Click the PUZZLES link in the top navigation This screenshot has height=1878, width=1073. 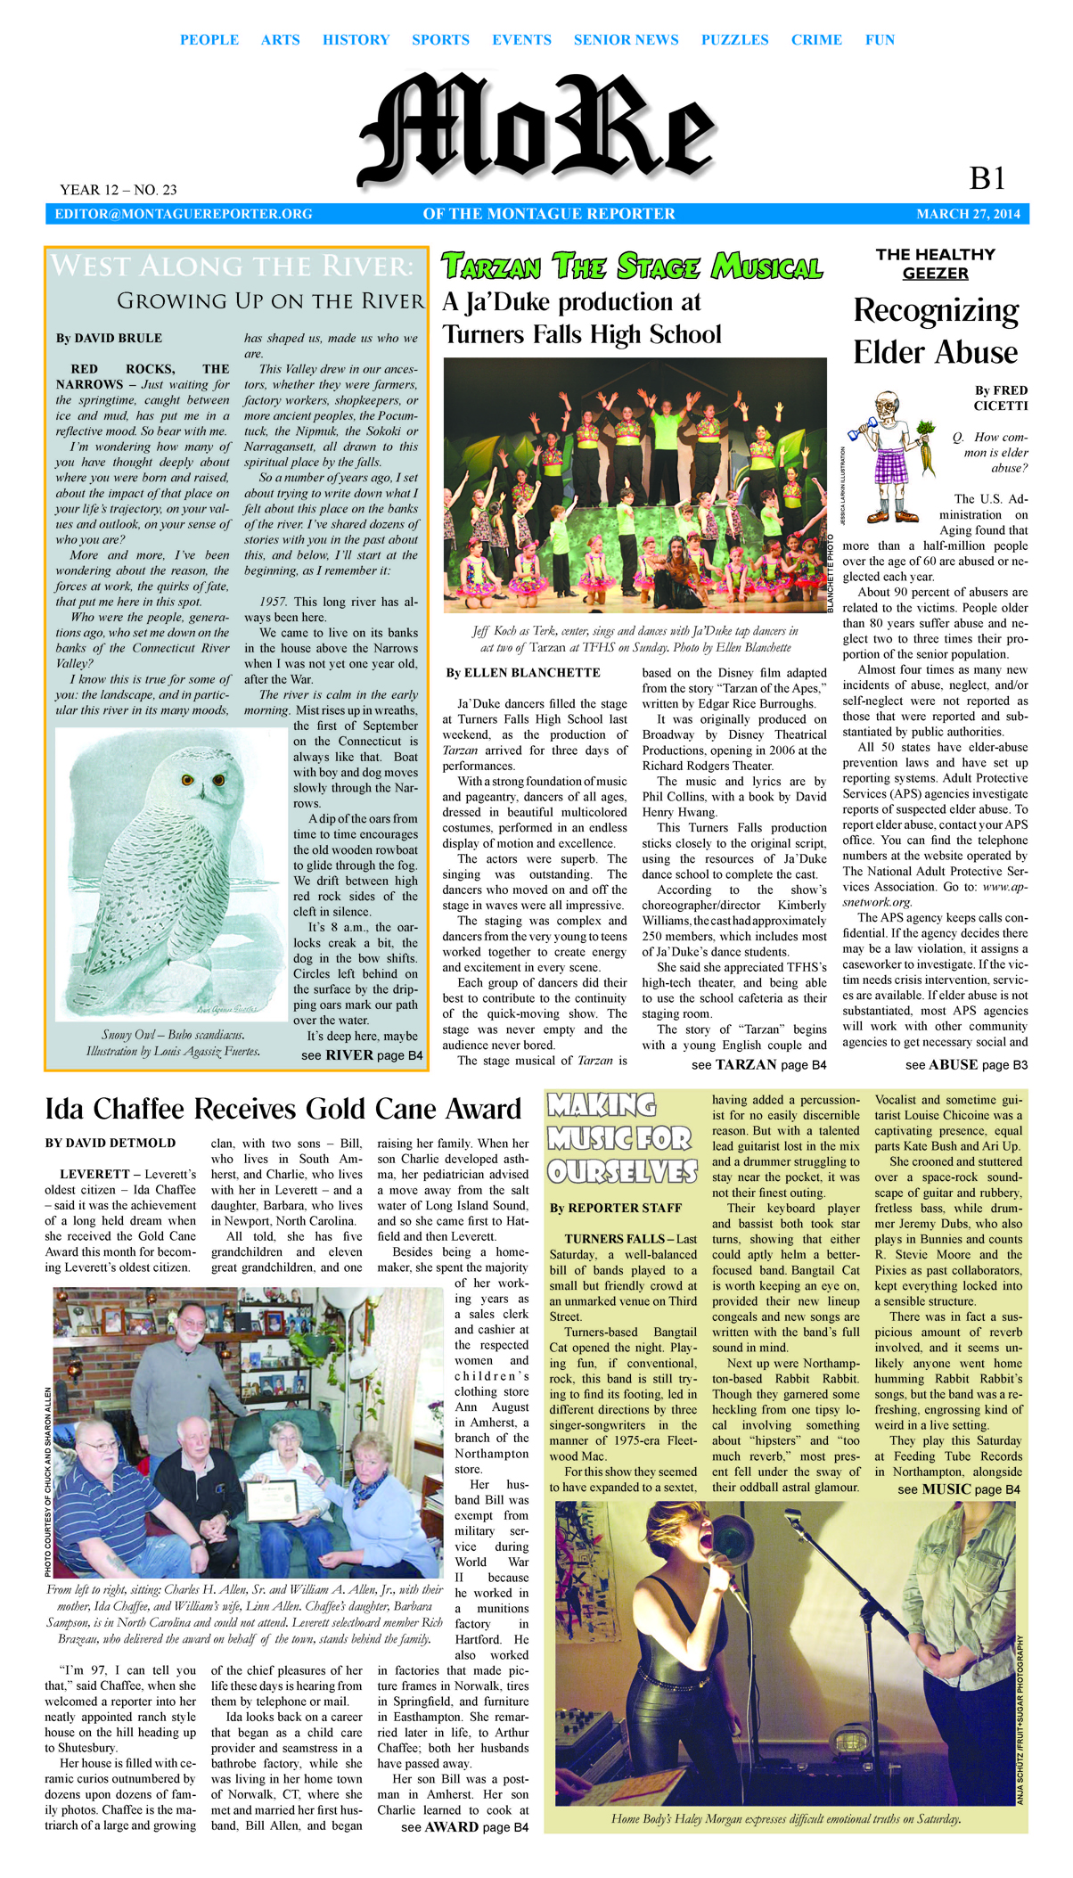tap(734, 40)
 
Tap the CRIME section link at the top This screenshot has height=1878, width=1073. tap(816, 40)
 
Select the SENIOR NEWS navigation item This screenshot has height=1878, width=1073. tap(626, 40)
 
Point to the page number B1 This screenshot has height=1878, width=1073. tap(987, 179)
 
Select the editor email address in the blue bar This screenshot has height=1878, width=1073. tap(184, 214)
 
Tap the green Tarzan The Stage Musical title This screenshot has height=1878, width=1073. tap(632, 267)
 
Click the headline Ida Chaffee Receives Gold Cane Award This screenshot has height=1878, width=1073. tap(283, 1109)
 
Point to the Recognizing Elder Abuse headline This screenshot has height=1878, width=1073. tap(935, 331)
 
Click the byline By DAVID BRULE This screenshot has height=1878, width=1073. tap(109, 339)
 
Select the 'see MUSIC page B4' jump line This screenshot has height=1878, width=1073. tap(959, 1489)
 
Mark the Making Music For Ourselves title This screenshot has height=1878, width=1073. tap(621, 1138)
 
